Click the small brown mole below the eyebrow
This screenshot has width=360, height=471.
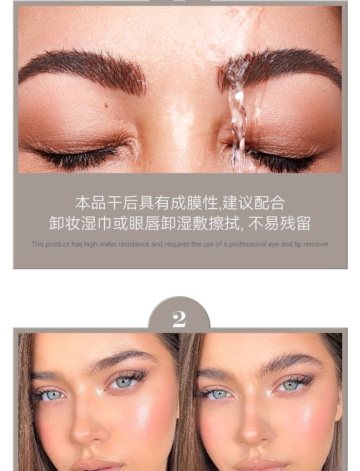pos(106,105)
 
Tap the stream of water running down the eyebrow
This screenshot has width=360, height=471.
pos(238,117)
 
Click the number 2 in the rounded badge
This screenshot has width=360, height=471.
pos(179,319)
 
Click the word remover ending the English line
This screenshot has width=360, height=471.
pos(316,244)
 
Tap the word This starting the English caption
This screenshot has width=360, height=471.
pos(37,244)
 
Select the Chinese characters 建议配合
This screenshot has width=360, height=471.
pos(254,203)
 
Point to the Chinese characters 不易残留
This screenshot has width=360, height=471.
pos(279,223)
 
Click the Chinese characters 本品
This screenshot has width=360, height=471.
pos(90,203)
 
